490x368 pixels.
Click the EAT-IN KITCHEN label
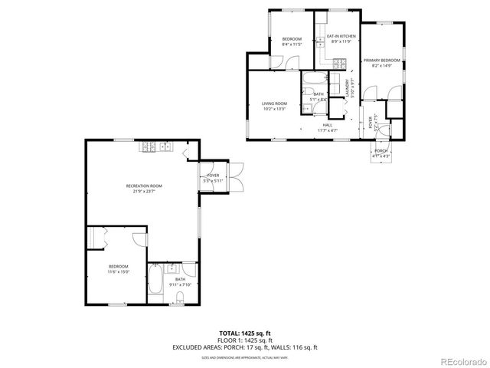(x=341, y=36)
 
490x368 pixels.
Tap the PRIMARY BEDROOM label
(x=382, y=60)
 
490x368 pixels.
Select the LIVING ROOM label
(x=274, y=103)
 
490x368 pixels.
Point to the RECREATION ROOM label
(x=144, y=186)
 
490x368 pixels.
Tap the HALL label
(x=327, y=125)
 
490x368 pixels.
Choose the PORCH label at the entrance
(x=381, y=151)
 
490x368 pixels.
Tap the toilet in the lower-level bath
(x=181, y=297)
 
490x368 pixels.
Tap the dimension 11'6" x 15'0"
(x=119, y=271)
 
